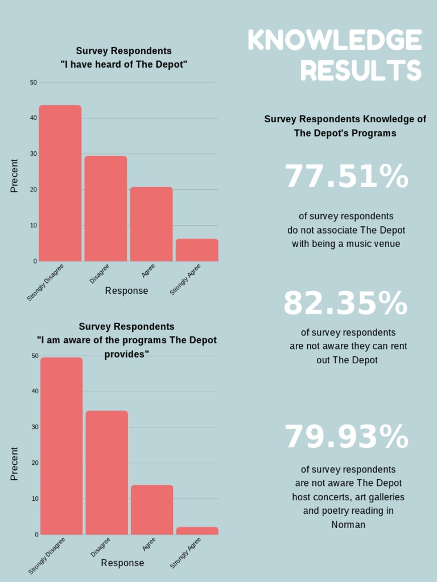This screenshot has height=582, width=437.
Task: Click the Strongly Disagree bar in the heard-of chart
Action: click(x=60, y=183)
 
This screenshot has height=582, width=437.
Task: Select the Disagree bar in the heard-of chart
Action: click(x=106, y=209)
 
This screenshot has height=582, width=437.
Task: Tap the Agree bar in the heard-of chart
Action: click(x=151, y=224)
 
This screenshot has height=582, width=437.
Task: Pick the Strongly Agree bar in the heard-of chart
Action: click(x=197, y=250)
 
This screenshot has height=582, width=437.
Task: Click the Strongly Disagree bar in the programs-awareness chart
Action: click(x=61, y=446)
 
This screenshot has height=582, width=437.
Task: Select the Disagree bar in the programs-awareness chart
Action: click(x=107, y=472)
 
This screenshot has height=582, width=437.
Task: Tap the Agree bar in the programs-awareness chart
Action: click(x=152, y=510)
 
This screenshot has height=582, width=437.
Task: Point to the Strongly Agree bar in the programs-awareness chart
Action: click(x=197, y=531)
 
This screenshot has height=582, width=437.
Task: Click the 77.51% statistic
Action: click(x=347, y=177)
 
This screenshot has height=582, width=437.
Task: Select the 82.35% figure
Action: click(x=346, y=304)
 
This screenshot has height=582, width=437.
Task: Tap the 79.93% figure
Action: click(x=347, y=437)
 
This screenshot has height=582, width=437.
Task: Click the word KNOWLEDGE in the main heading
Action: click(x=335, y=41)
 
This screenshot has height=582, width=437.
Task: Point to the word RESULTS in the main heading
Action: click(x=361, y=71)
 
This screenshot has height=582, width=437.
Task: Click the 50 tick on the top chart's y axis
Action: click(x=34, y=82)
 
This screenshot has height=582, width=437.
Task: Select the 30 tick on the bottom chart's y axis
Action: click(x=35, y=427)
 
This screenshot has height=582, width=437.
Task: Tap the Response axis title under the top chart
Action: click(x=126, y=291)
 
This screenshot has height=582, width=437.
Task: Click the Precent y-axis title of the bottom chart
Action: click(x=15, y=464)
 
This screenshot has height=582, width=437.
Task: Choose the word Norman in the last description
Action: click(x=348, y=525)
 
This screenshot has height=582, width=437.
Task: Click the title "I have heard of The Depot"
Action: click(x=124, y=65)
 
